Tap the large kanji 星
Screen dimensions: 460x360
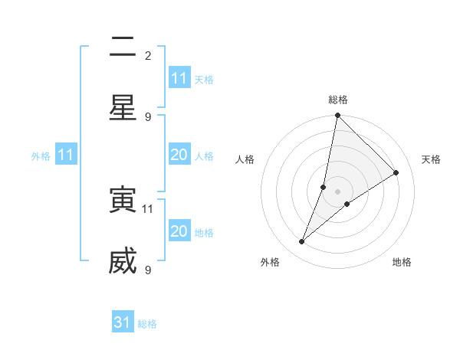tap(123, 108)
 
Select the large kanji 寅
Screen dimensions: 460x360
tap(123, 201)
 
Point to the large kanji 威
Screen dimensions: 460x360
tap(123, 262)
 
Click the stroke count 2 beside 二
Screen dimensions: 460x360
tap(148, 55)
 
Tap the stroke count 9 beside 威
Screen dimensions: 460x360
tap(148, 270)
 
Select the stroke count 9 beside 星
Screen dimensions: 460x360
tap(148, 116)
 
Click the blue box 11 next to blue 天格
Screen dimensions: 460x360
tap(179, 78)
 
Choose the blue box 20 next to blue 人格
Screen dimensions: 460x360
tap(179, 155)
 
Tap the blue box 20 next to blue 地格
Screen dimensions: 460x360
tap(179, 231)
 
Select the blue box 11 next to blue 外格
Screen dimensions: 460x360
tap(66, 155)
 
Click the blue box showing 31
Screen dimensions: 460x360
tap(123, 322)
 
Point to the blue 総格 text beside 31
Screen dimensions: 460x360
tap(147, 324)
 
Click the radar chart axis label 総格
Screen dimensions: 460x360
tap(337, 100)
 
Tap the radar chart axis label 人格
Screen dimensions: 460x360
tap(245, 159)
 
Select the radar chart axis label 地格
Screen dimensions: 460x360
tap(402, 262)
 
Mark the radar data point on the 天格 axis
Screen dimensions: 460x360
tap(396, 172)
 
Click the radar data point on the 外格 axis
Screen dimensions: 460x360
tap(302, 242)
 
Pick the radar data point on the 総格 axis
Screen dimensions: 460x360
tap(337, 116)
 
